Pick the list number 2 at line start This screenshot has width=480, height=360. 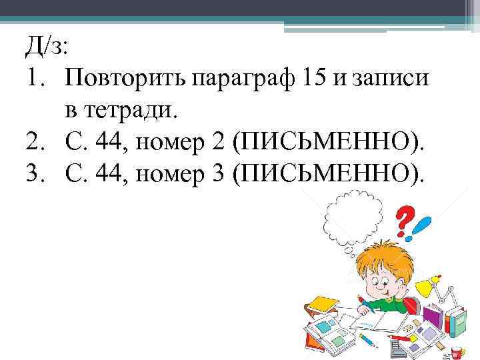(34, 141)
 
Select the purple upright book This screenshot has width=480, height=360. (433, 319)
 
